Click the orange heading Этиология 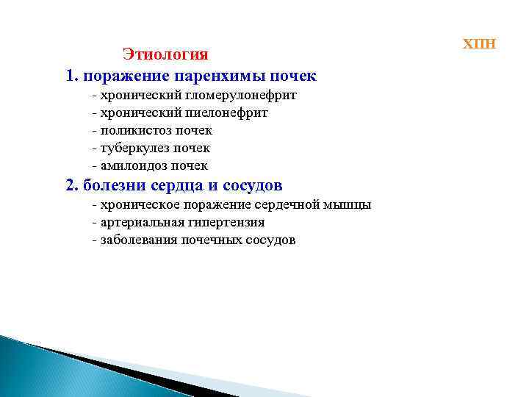[165, 54]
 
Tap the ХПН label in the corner [479, 43]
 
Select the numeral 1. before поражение [72, 76]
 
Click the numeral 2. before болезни [72, 185]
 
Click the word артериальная [138, 222]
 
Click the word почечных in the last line [210, 240]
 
